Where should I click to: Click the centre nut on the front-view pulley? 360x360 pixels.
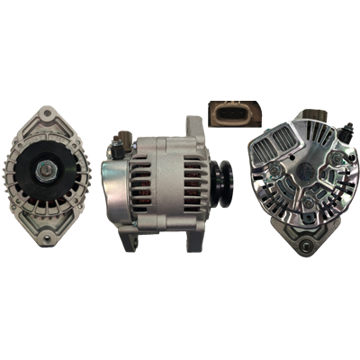click(47, 168)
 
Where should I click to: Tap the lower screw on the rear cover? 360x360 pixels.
click(309, 209)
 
